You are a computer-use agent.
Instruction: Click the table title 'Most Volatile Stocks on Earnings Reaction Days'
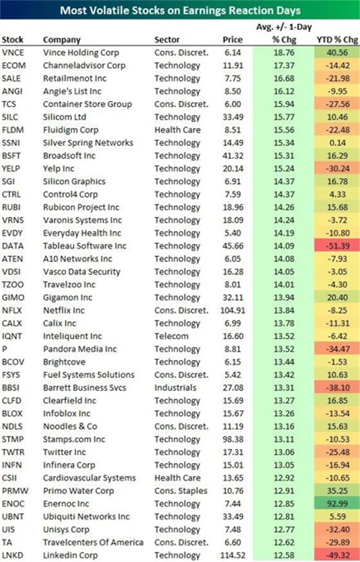(180, 10)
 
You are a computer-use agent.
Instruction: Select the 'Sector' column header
(167, 40)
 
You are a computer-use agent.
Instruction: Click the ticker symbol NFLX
(12, 310)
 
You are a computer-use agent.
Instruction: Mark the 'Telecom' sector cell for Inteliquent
(172, 336)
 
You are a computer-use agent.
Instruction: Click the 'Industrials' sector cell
(175, 388)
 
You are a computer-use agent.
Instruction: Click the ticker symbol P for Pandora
(4, 349)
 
